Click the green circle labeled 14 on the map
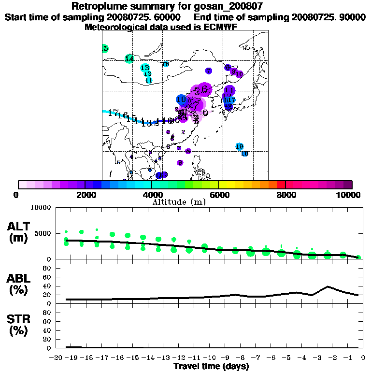pos(129,58)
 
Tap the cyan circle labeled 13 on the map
pos(144,68)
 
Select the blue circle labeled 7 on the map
pos(208,71)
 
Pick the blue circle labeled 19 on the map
pos(240,146)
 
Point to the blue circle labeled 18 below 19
pos(244,154)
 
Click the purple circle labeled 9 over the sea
pos(180,163)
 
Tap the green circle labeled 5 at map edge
pos(105,48)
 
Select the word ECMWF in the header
pos(220,27)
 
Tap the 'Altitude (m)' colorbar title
pos(179,202)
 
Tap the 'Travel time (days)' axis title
pos(211,366)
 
